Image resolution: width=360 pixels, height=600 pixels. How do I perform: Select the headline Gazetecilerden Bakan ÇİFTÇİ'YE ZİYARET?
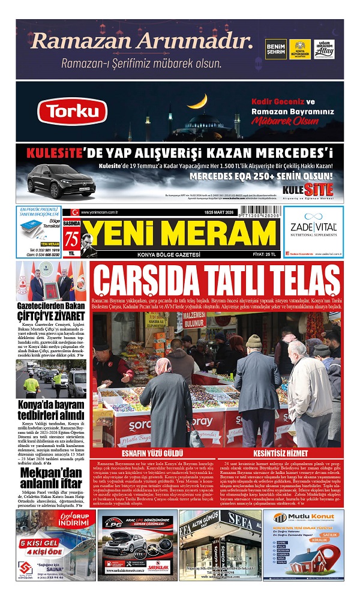(x=50, y=311)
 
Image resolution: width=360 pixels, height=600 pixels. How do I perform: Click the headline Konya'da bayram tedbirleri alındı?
(x=50, y=409)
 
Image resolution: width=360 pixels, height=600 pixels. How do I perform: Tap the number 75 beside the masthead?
(x=73, y=236)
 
